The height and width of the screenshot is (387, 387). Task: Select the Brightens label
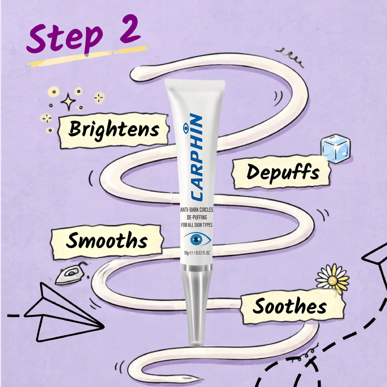tap(113, 131)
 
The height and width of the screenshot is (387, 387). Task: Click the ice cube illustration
tap(335, 148)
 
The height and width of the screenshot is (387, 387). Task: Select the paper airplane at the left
tap(64, 313)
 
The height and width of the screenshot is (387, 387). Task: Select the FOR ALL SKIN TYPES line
tap(197, 225)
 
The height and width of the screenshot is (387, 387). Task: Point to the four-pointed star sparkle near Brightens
tap(68, 101)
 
